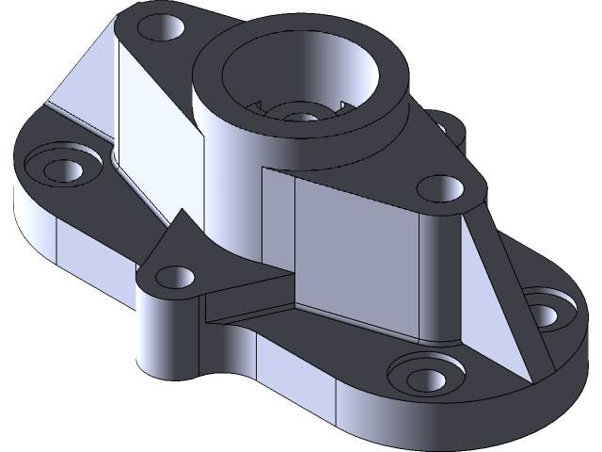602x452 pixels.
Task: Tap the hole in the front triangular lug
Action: pyautogui.click(x=173, y=277)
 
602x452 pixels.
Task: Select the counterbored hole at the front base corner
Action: pyautogui.click(x=424, y=375)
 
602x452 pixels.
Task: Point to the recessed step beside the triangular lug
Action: pyautogui.click(x=249, y=301)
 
